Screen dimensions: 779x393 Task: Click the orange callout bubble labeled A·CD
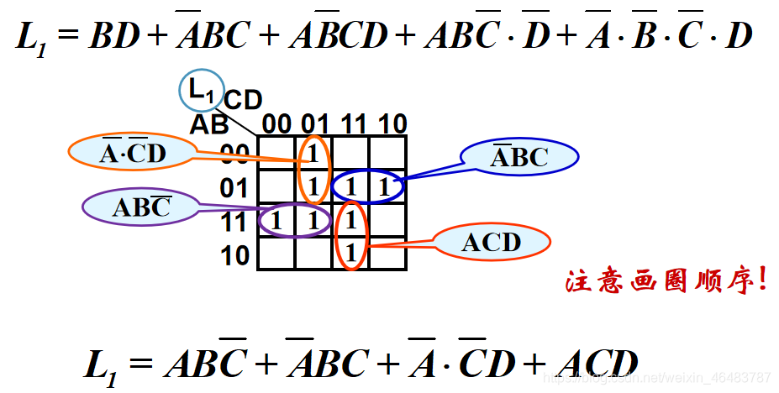click(x=132, y=152)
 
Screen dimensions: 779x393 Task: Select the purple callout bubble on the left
click(x=140, y=207)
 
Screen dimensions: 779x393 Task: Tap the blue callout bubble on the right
click(x=519, y=156)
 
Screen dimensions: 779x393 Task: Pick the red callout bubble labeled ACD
click(x=491, y=243)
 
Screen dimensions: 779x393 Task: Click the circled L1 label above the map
click(x=201, y=90)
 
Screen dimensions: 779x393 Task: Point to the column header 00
click(x=276, y=124)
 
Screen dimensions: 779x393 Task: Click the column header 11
click(x=353, y=124)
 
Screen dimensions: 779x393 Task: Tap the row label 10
click(x=235, y=255)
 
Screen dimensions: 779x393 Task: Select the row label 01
click(x=235, y=188)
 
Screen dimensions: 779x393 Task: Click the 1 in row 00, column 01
click(x=313, y=154)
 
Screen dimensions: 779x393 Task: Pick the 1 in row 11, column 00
click(x=276, y=221)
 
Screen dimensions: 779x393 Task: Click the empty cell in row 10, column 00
click(x=276, y=254)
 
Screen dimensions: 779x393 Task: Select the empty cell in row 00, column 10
click(x=388, y=153)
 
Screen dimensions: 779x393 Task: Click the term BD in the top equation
click(x=115, y=35)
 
